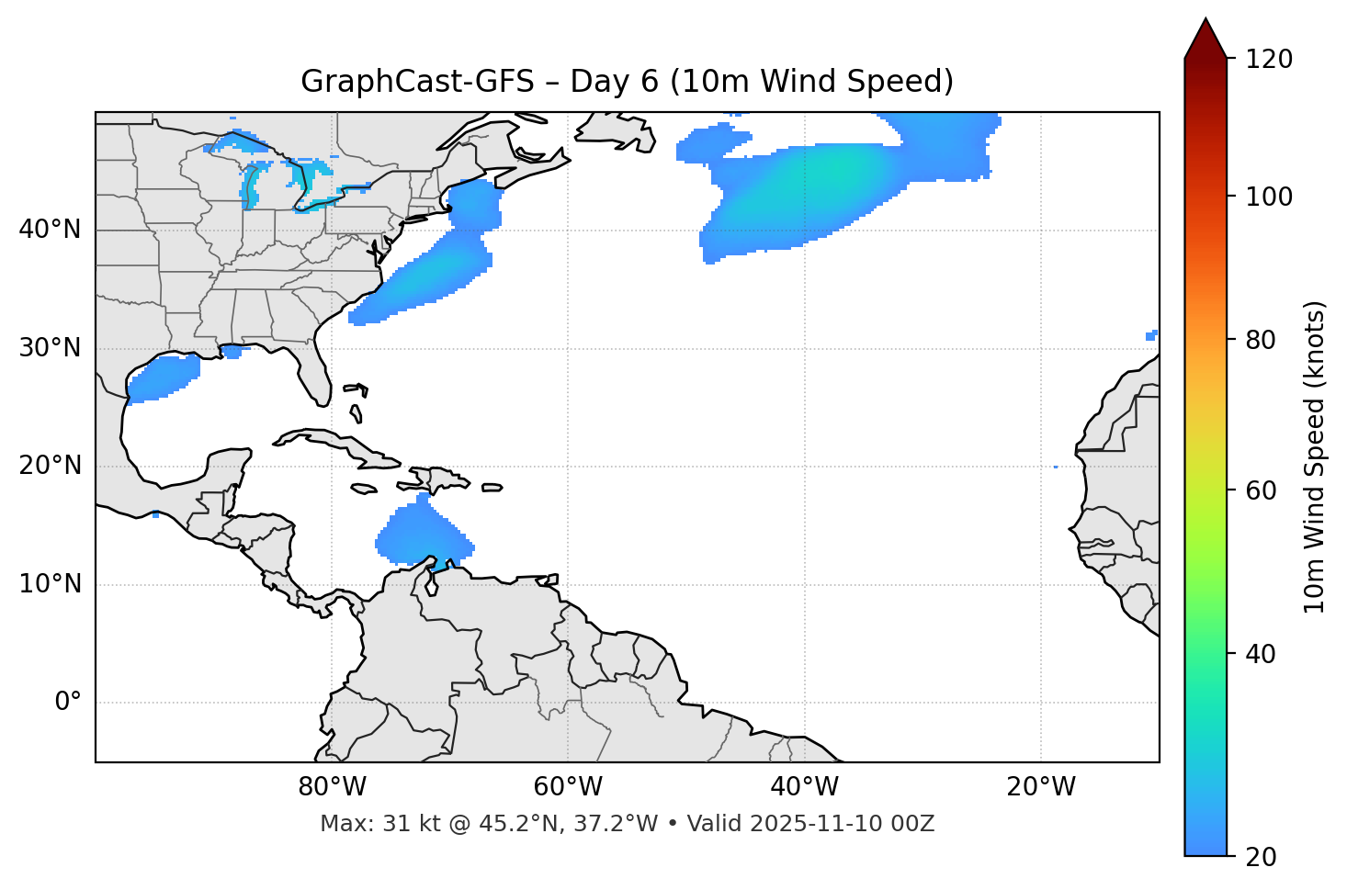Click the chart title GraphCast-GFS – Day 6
click(x=627, y=82)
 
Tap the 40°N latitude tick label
click(x=50, y=230)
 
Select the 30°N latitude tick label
click(x=50, y=348)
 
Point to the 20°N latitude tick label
click(x=50, y=466)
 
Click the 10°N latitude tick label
click(x=50, y=584)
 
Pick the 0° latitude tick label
click(x=67, y=703)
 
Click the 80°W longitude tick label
click(x=332, y=787)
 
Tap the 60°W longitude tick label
click(x=568, y=787)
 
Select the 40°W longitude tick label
click(x=804, y=787)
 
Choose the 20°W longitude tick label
click(x=1040, y=787)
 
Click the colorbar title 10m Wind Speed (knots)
click(x=1315, y=456)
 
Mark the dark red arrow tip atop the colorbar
click(x=1206, y=35)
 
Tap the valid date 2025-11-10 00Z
click(x=842, y=824)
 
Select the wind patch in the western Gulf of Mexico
click(x=164, y=377)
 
